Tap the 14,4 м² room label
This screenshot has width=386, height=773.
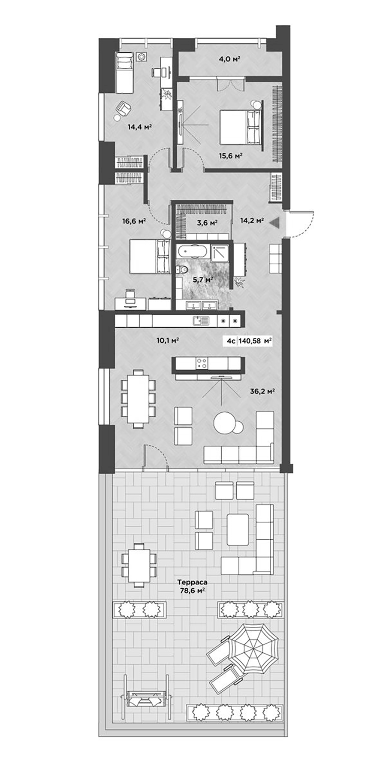[x=140, y=127]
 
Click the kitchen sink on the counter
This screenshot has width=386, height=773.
[x=200, y=320]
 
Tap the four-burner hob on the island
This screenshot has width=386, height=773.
[x=202, y=363]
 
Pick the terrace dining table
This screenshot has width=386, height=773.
[x=139, y=565]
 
